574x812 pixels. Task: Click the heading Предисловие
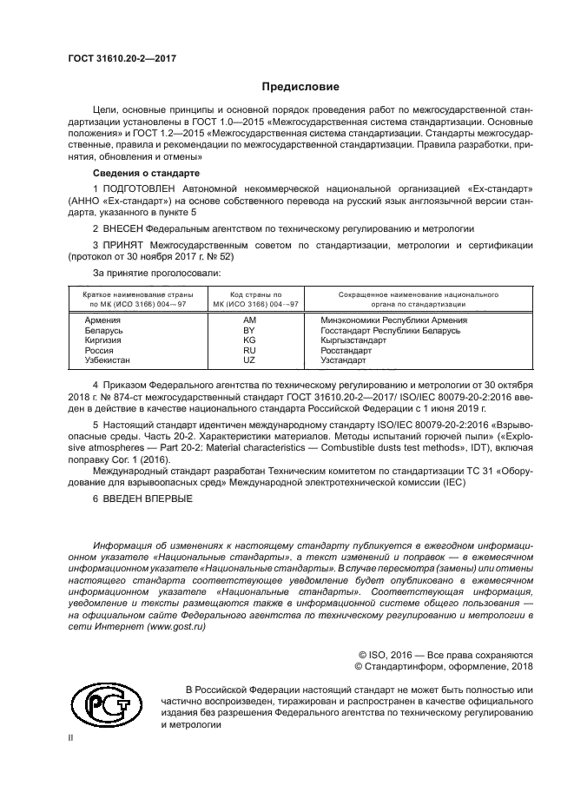300,87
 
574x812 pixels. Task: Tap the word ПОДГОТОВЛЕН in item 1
143,188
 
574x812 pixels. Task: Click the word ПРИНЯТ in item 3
127,246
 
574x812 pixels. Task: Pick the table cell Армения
102,320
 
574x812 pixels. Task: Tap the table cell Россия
99,350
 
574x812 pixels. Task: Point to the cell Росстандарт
346,350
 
